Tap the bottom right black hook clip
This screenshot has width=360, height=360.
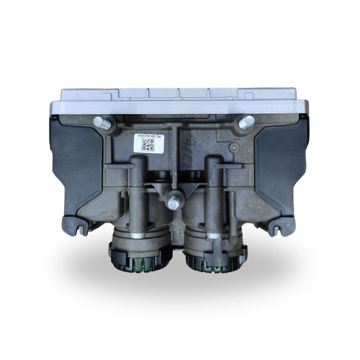280,224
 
